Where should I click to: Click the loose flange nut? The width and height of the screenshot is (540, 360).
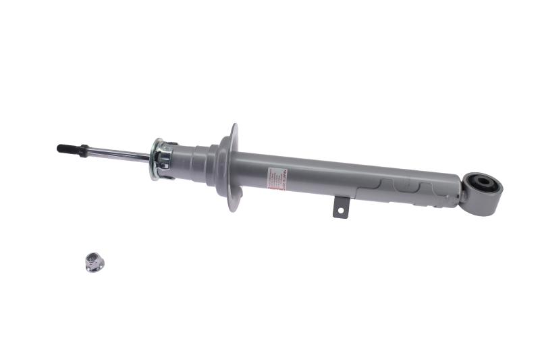94,262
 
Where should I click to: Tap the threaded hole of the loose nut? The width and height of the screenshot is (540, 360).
93,259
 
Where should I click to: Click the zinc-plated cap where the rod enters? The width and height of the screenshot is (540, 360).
161,159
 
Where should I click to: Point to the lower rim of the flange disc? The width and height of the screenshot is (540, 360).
233,205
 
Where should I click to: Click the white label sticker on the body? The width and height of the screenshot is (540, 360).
277,179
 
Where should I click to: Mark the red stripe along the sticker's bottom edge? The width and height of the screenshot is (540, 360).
277,189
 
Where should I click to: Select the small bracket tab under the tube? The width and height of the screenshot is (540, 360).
340,207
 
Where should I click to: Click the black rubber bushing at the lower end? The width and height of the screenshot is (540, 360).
485,183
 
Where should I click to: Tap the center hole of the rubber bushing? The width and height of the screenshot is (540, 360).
485,182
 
